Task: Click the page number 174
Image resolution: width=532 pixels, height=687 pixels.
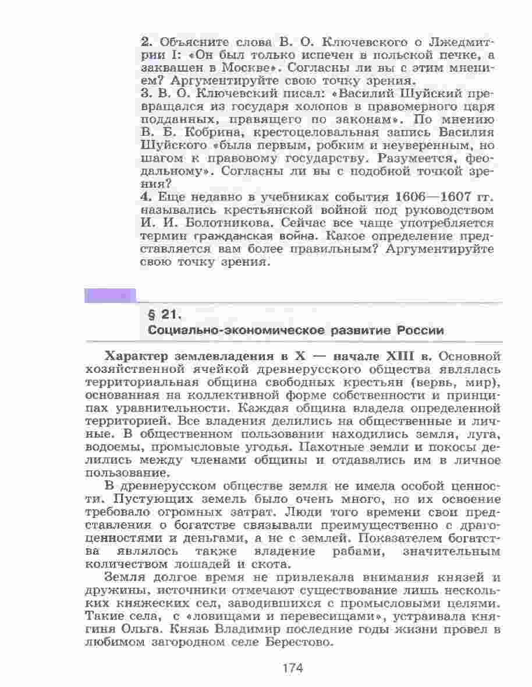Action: coord(293,668)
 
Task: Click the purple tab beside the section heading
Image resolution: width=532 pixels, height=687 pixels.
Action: coord(110,295)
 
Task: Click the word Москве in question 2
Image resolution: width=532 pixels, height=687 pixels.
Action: coord(242,68)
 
